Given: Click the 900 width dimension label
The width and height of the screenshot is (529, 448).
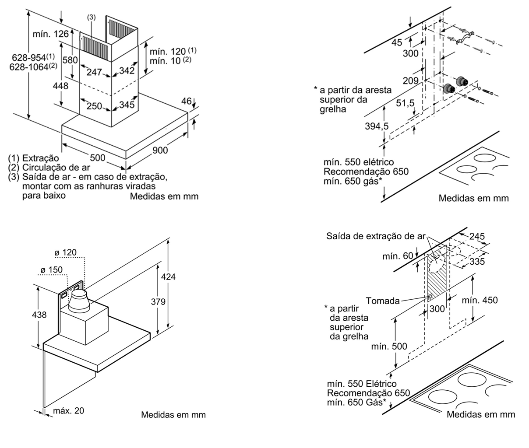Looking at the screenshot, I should [x=160, y=150].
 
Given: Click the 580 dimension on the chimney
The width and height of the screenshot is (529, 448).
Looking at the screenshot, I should [x=70, y=60].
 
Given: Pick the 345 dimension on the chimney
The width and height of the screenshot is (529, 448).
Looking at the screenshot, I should [x=127, y=105].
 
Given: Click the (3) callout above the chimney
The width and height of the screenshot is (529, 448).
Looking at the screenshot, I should [x=91, y=17].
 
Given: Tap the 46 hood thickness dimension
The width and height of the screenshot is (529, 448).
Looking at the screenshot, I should [x=186, y=101].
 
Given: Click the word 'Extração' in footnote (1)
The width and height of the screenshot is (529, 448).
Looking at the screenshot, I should [x=40, y=158].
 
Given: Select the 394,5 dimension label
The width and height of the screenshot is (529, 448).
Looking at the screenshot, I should [x=377, y=126].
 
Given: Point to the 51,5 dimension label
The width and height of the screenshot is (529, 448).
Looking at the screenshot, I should [x=405, y=103].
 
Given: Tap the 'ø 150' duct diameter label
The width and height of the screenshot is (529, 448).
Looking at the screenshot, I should [x=51, y=269].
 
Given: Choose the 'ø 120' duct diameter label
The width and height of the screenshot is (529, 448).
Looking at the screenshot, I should [x=65, y=252].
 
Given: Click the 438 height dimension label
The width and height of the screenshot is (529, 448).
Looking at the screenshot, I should [x=39, y=314].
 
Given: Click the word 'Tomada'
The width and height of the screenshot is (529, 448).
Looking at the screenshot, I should [x=383, y=301].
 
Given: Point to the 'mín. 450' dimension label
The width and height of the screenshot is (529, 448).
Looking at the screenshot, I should [x=480, y=300].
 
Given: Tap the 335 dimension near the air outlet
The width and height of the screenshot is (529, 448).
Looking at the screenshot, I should [x=476, y=261].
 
